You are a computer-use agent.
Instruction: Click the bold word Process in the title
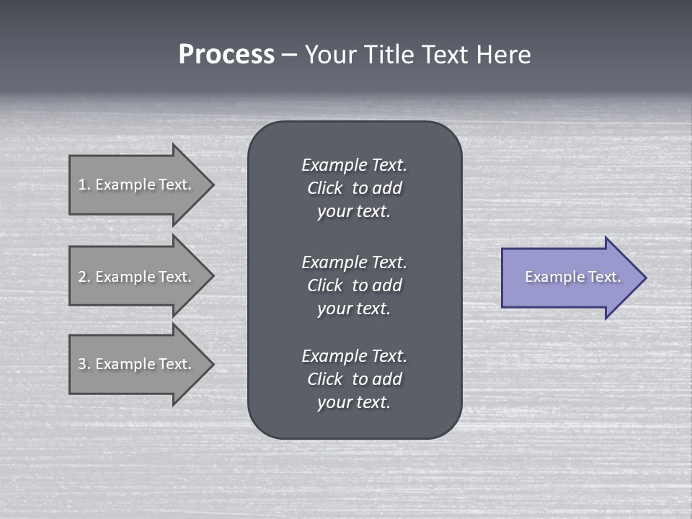226,55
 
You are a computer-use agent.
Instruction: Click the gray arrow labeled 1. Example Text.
137,185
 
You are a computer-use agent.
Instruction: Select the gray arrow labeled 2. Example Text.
137,277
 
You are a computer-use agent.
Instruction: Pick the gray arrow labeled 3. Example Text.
137,364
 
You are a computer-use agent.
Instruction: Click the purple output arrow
569,278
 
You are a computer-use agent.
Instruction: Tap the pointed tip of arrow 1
212,185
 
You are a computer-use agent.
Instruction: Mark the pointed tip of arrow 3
212,364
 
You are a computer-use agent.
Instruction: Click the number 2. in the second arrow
84,277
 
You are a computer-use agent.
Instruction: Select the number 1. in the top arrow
84,185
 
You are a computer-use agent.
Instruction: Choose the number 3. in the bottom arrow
84,364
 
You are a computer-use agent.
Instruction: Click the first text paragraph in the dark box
354,188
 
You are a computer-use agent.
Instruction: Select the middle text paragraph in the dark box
354,285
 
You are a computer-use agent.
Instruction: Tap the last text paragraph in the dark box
354,379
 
